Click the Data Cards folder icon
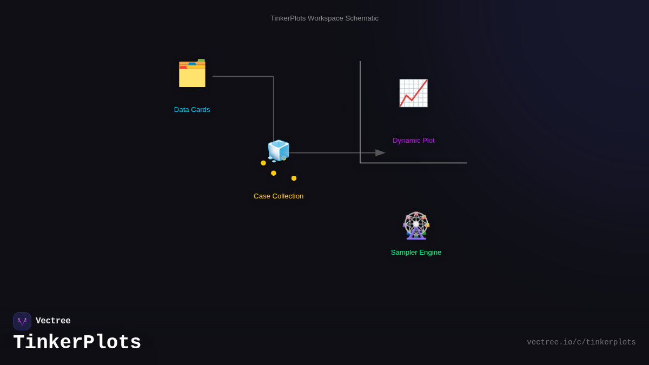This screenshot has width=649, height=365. coord(192,74)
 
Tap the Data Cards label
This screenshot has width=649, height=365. coord(192,110)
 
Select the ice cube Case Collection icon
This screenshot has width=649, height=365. coord(279,150)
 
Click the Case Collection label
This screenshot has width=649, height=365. coord(279,196)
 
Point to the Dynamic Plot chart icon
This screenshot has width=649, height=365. coord(413,93)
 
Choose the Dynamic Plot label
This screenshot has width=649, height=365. coord(413,141)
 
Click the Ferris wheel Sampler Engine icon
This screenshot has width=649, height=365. coord(416,225)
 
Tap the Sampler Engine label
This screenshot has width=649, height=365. coord(416,253)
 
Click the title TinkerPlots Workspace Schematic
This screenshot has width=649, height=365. coord(325,18)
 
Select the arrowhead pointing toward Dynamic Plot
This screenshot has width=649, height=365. coord(380,153)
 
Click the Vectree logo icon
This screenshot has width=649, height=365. coord(22,321)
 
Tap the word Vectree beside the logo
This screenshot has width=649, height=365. coord(53,321)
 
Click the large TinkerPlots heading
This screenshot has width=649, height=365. coord(77,343)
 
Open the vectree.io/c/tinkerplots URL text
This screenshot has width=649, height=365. coord(581,342)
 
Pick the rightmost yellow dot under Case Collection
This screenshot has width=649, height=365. coord(294,178)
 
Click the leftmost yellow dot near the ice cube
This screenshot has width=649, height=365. coord(263,163)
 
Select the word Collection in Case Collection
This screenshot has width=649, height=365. coord(288,196)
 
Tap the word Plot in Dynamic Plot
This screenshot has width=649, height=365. coord(428,141)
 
